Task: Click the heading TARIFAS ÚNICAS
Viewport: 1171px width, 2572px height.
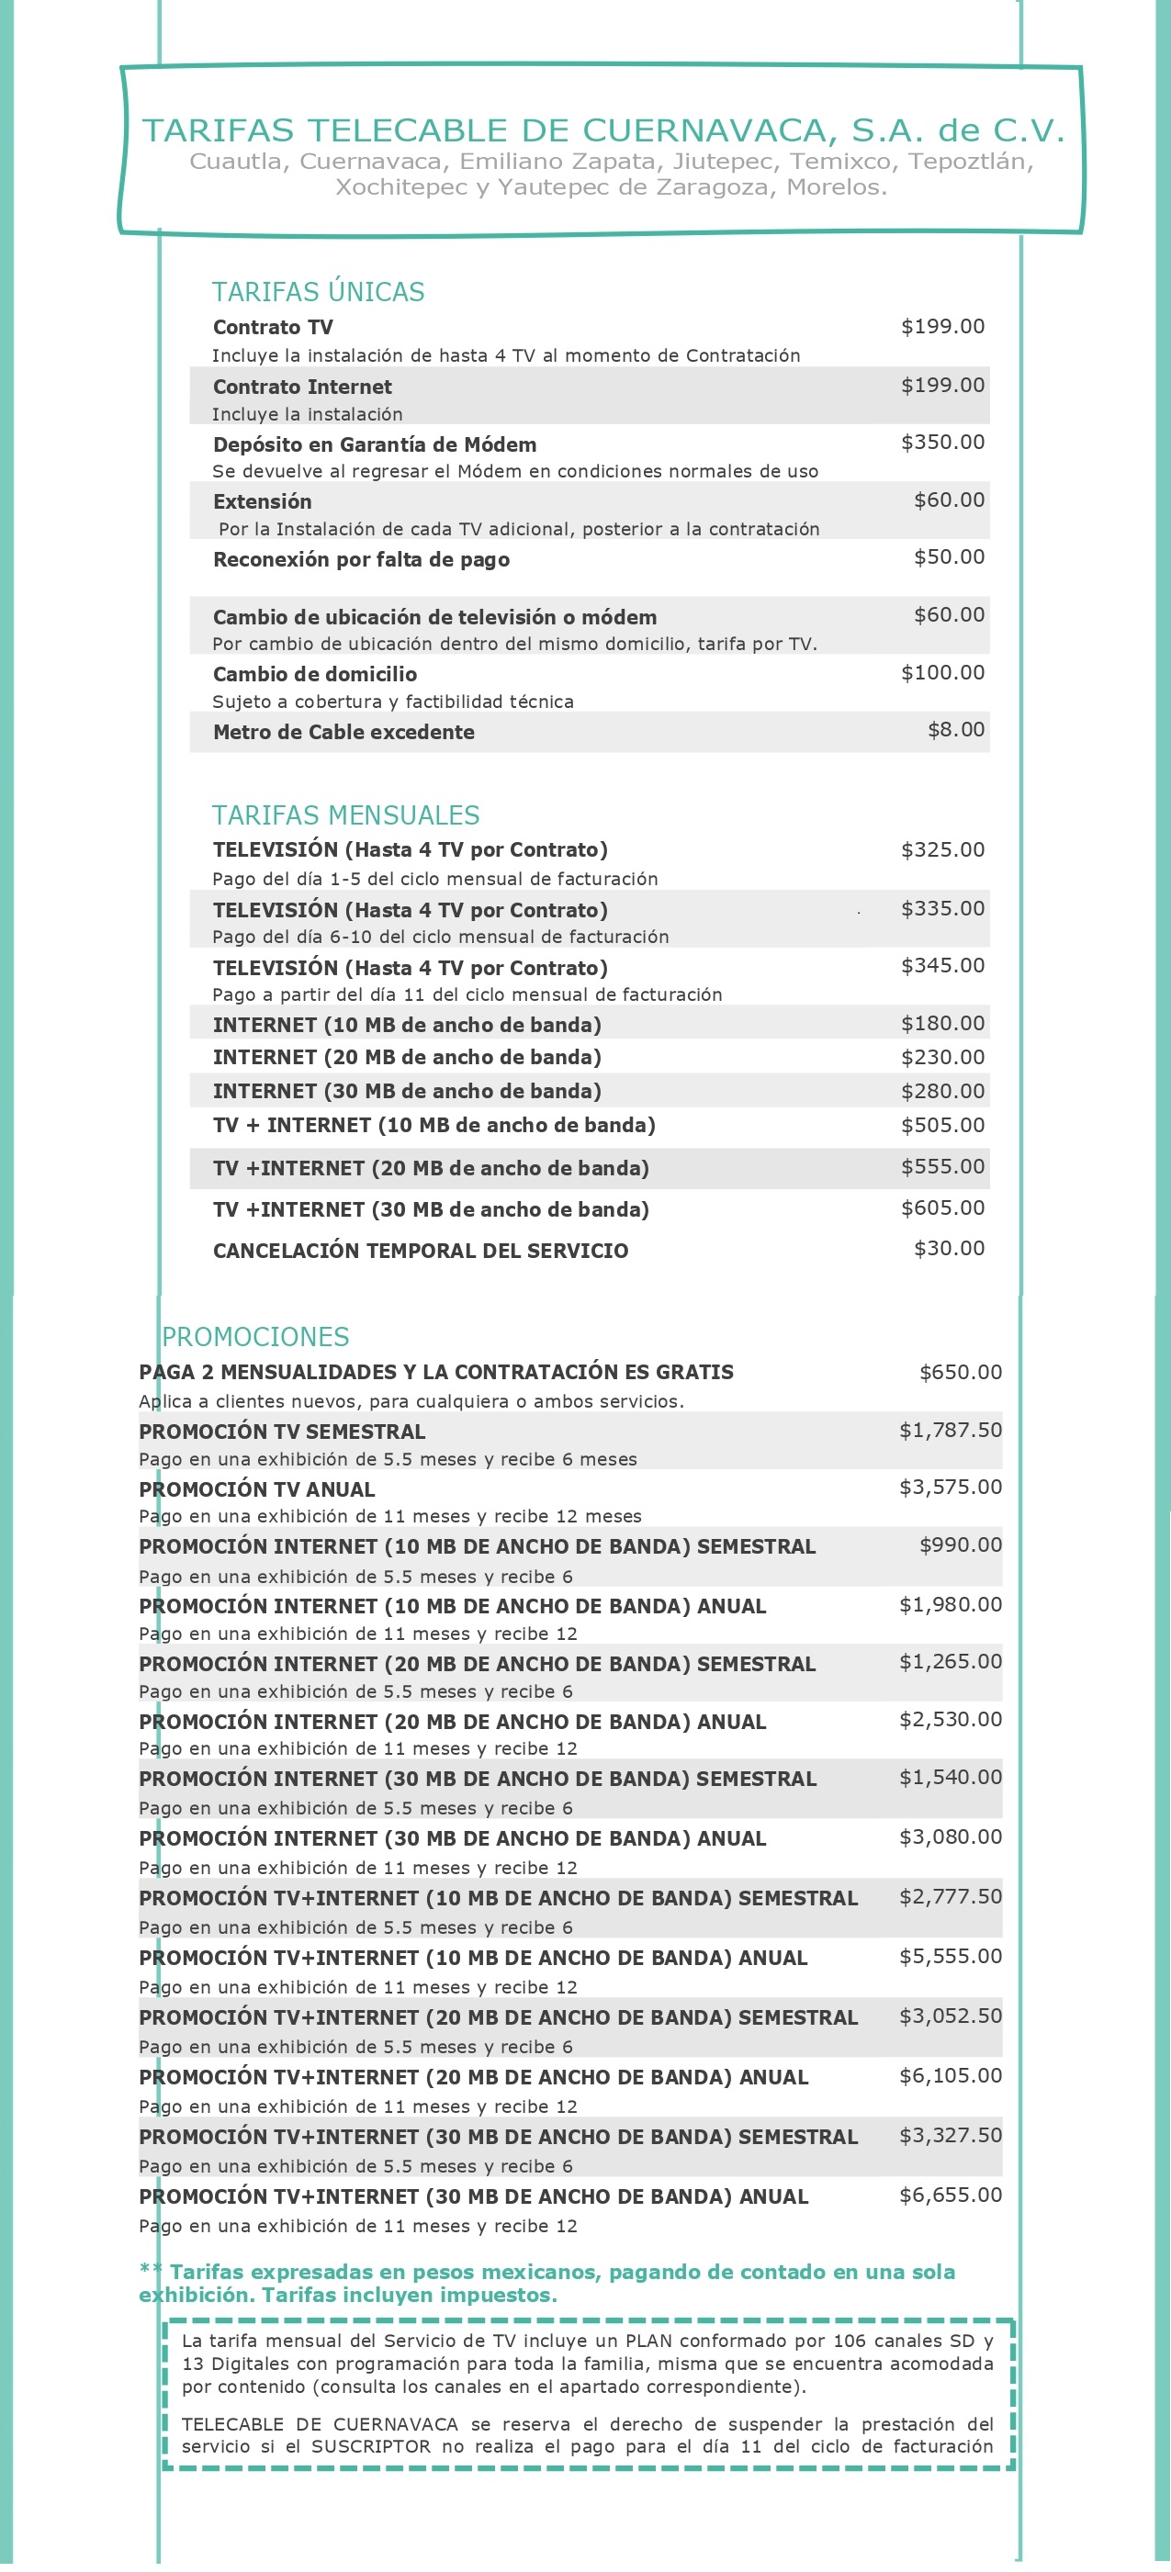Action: (318, 292)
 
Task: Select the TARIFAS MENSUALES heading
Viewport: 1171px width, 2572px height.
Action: (345, 814)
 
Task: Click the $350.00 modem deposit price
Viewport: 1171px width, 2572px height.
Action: (942, 443)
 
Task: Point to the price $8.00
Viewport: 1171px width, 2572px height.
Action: (955, 730)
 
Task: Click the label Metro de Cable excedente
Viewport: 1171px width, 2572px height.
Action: (343, 732)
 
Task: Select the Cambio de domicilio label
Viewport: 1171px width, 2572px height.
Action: (314, 674)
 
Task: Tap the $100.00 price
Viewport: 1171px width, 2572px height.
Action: (942, 673)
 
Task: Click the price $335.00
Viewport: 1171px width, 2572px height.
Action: (942, 908)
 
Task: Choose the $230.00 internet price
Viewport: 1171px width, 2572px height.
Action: (942, 1056)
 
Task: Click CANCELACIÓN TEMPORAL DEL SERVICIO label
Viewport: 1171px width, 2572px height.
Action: (421, 1250)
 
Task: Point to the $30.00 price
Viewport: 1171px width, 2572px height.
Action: (949, 1248)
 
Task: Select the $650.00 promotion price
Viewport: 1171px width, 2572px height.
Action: (961, 1372)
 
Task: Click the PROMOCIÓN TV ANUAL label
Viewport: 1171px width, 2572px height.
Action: (256, 1488)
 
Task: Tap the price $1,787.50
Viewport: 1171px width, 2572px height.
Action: (951, 1430)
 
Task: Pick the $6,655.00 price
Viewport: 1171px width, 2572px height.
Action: (951, 2195)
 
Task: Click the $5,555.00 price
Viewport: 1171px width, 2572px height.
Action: (951, 1956)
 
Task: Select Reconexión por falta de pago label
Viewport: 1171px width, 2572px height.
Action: (361, 559)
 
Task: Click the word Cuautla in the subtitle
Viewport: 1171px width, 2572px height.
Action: (236, 162)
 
